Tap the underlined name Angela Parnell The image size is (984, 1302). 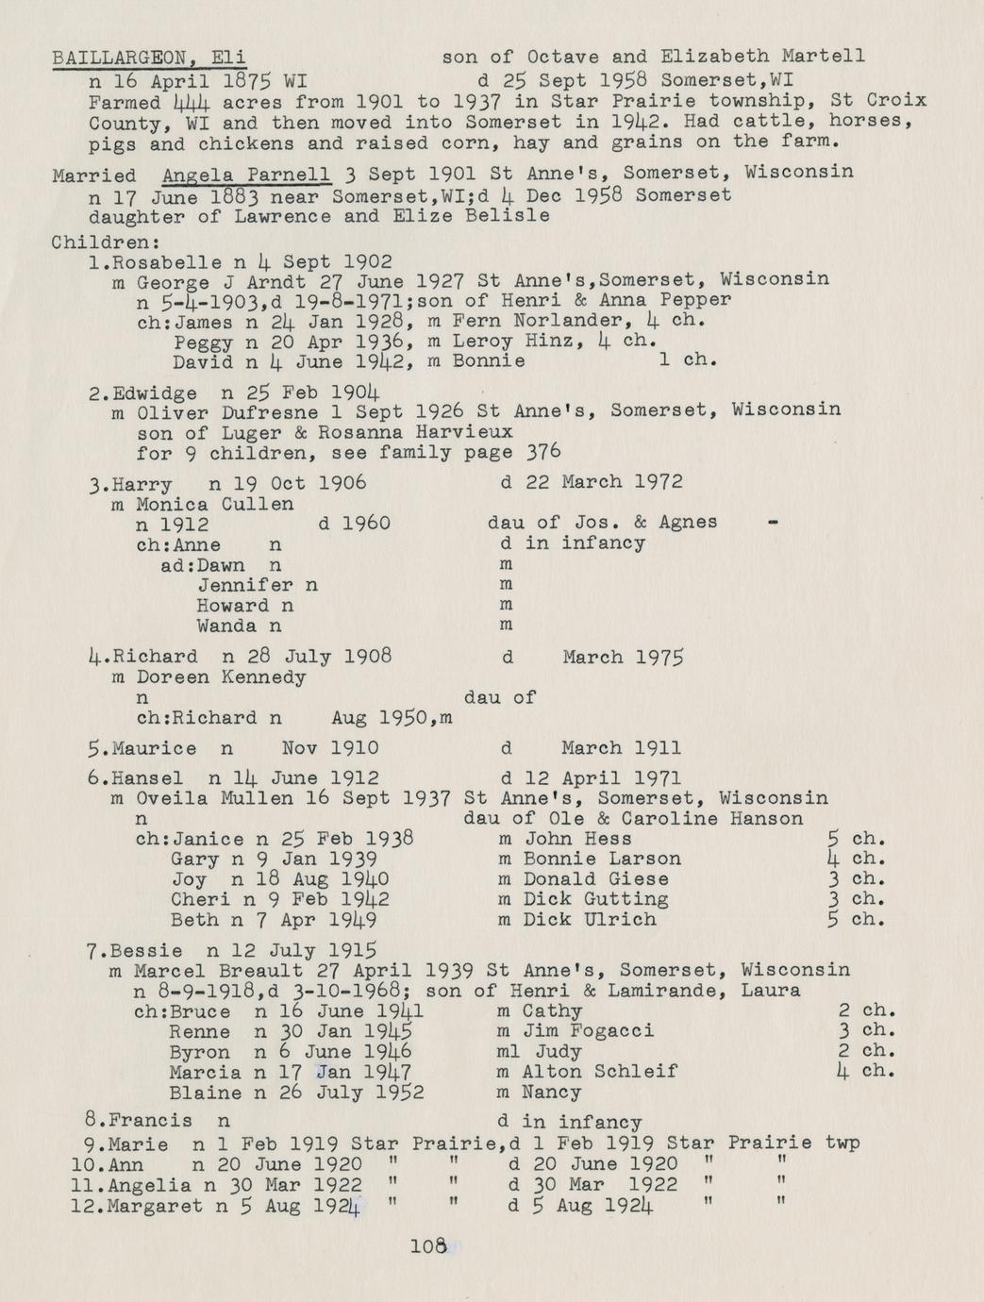(x=246, y=174)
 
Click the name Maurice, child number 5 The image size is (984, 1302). (x=154, y=748)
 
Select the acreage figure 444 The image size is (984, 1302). (x=192, y=102)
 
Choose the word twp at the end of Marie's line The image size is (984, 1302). (x=842, y=1143)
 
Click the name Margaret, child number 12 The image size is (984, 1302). (x=156, y=1206)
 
